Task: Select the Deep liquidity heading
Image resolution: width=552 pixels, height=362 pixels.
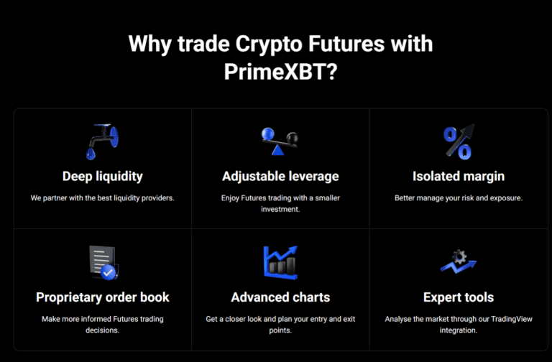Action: pyautogui.click(x=102, y=176)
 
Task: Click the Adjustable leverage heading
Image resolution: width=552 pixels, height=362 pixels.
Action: pyautogui.click(x=280, y=176)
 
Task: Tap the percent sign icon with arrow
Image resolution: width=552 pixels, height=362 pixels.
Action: pyautogui.click(x=458, y=141)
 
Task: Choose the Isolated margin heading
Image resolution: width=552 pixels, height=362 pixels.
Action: pyautogui.click(x=459, y=176)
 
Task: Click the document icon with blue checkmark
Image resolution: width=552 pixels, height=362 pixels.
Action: pyautogui.click(x=102, y=262)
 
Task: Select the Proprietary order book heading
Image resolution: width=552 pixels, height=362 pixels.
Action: pyautogui.click(x=103, y=297)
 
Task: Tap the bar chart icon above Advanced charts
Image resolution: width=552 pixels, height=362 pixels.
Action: pyautogui.click(x=280, y=262)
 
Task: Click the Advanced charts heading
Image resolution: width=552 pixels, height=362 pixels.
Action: pyautogui.click(x=280, y=297)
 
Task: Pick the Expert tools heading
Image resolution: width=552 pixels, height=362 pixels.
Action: pyautogui.click(x=459, y=297)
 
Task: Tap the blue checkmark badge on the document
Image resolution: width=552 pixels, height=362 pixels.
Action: pyautogui.click(x=109, y=272)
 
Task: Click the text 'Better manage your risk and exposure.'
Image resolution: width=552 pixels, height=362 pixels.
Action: pyautogui.click(x=459, y=198)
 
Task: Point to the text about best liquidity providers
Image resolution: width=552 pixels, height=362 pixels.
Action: pyautogui.click(x=102, y=198)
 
